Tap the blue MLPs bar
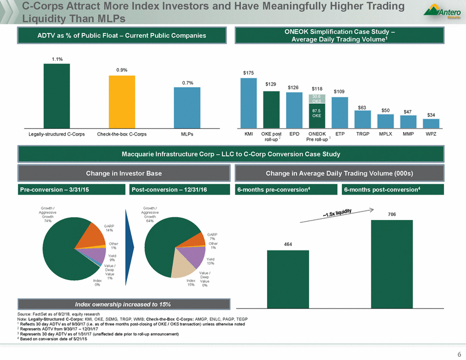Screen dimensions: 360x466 [x=187, y=107]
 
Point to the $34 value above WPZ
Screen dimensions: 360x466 [x=431, y=115]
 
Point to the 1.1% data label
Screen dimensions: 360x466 [x=57, y=58]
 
